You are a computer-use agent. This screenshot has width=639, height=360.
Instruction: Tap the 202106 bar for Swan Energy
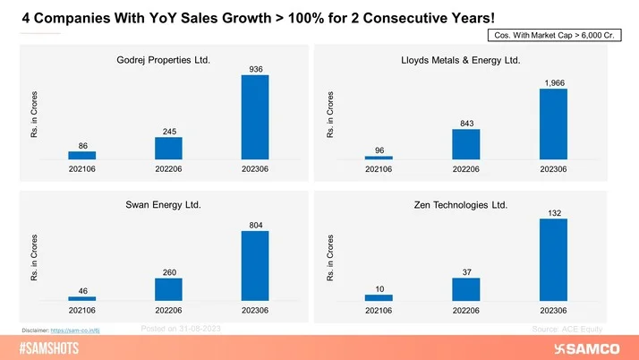click(82, 298)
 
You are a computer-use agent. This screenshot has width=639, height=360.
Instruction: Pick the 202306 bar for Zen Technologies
click(554, 260)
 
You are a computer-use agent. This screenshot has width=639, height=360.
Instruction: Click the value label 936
click(255, 68)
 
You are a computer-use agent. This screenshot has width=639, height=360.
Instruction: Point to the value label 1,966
click(554, 82)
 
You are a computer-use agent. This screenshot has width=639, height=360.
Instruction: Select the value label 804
click(255, 224)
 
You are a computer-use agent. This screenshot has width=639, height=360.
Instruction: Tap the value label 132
click(554, 212)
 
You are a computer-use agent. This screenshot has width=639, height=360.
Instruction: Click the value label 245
click(169, 131)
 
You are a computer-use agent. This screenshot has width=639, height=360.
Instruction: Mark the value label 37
click(466, 271)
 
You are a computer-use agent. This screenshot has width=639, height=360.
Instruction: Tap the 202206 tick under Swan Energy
click(169, 311)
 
